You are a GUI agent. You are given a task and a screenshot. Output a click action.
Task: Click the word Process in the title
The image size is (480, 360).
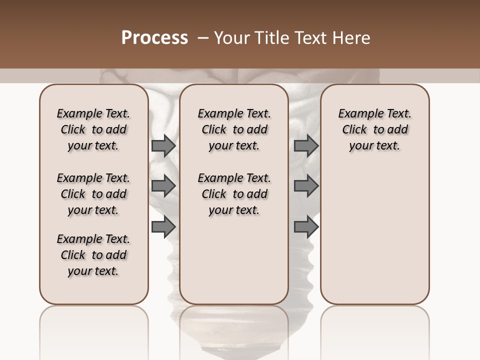pos(154,38)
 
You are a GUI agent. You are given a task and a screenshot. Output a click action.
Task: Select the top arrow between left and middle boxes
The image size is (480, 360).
pos(163,145)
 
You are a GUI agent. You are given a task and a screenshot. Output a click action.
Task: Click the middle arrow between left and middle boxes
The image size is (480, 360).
pos(163,186)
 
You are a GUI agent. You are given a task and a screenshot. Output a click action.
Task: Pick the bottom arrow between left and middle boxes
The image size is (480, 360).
pos(163,227)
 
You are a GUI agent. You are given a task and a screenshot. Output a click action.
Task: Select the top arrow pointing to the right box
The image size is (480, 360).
pos(306,145)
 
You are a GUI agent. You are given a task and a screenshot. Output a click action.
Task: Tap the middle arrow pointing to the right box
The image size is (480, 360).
pos(306,186)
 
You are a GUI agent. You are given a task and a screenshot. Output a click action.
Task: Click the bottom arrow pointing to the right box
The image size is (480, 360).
pos(306,227)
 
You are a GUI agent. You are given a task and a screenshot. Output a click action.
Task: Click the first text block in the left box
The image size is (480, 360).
pos(93,129)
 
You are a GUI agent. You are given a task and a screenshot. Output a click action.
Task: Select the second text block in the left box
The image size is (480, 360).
pos(93,194)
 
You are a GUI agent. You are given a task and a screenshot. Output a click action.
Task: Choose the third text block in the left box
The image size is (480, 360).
pos(93,255)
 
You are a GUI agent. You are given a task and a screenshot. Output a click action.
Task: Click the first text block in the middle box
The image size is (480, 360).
pos(234,129)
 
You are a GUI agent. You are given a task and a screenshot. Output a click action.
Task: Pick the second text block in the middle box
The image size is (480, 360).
pos(234,194)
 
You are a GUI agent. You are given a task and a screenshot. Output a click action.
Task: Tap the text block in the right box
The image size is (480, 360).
pos(374,129)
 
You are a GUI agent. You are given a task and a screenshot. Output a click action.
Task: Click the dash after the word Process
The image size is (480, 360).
pos(203,38)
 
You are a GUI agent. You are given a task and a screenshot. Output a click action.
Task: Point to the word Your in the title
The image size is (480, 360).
pos(231,38)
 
